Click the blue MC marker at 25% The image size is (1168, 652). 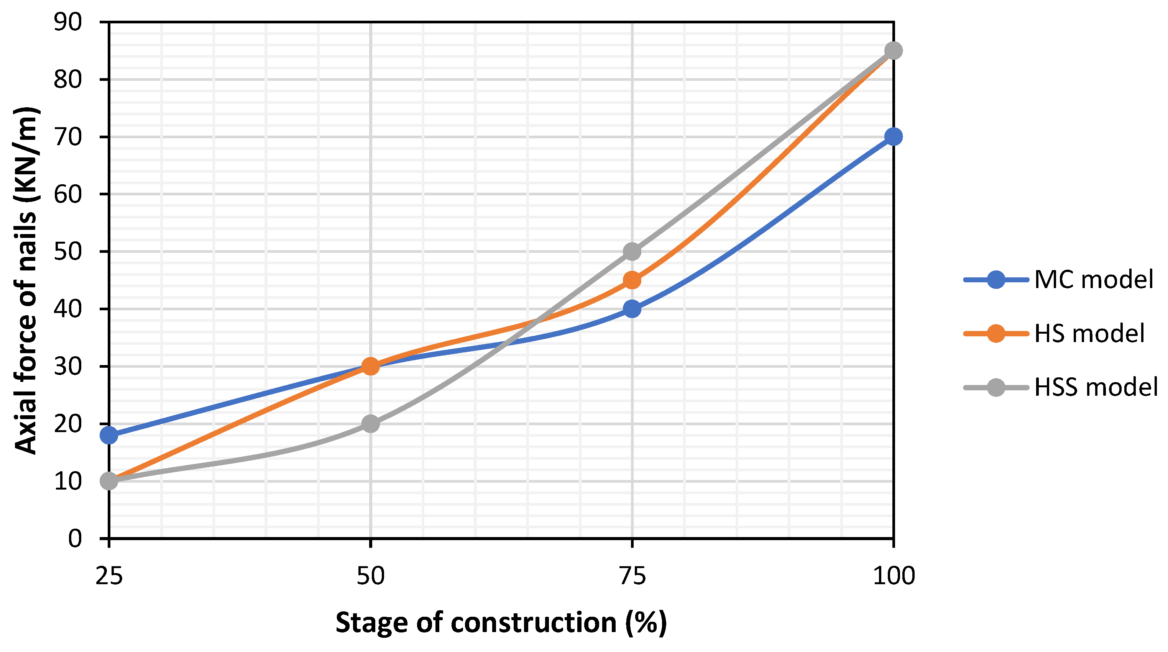click(109, 436)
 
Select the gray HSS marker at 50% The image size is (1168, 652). click(370, 424)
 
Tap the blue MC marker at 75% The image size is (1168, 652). click(632, 309)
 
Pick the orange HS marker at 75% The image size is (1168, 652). click(632, 280)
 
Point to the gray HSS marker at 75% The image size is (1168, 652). click(632, 251)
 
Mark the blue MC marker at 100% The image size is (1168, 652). click(893, 136)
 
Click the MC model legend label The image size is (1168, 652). click(1094, 280)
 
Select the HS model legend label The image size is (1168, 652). click(1089, 334)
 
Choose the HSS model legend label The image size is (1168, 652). click(1096, 387)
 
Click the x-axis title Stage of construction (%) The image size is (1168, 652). click(501, 623)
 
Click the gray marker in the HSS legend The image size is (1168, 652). click(996, 387)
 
